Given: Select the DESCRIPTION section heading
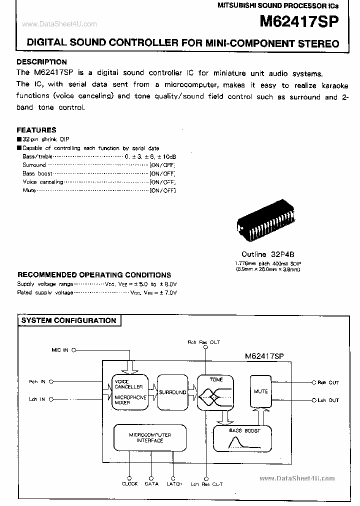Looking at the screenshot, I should pyautogui.click(x=41, y=62).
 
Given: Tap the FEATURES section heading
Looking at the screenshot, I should pyautogui.click(x=36, y=129).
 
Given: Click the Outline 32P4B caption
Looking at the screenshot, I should pyautogui.click(x=268, y=254).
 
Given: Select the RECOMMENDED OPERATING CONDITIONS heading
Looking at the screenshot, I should pyautogui.click(x=94, y=274).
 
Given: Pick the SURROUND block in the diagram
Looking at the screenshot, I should pyautogui.click(x=172, y=392).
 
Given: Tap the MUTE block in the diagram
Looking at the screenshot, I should pyautogui.click(x=260, y=391).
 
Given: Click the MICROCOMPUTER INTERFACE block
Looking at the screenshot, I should pyautogui.click(x=149, y=437).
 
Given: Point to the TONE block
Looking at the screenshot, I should pyautogui.click(x=216, y=392).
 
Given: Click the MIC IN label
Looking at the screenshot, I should pyautogui.click(x=60, y=350).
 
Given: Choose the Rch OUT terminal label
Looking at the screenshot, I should pyautogui.click(x=328, y=382).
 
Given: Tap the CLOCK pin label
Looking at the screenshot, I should pyautogui.click(x=130, y=483).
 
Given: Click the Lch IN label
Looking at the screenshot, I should pyautogui.click(x=37, y=399).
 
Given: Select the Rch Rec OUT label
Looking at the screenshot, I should pyautogui.click(x=204, y=342).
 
